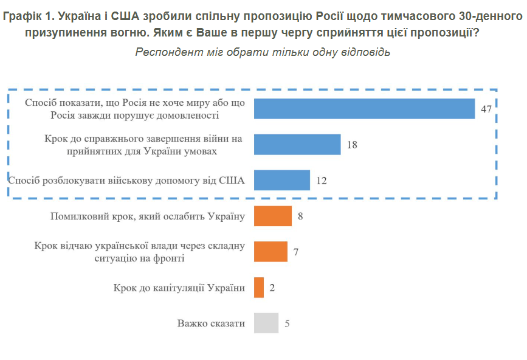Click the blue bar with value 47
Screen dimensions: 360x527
click(x=363, y=108)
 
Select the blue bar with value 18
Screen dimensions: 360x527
click(x=297, y=144)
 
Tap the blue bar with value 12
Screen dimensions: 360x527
click(x=281, y=180)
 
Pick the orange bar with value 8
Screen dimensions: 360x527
click(x=272, y=216)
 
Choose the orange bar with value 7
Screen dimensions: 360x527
click(x=270, y=251)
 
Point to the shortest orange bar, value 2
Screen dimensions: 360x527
click(x=259, y=287)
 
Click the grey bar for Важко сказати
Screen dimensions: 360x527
click(x=266, y=323)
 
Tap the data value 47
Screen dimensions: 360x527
click(x=486, y=109)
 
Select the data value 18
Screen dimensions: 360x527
click(x=351, y=145)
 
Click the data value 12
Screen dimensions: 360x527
click(x=322, y=181)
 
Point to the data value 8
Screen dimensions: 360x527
click(x=300, y=216)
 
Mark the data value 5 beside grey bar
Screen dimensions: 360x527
click(x=287, y=324)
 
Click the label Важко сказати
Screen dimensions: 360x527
click(x=211, y=324)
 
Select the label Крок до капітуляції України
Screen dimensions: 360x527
click(x=179, y=288)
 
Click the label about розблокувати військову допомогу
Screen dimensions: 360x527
click(x=126, y=180)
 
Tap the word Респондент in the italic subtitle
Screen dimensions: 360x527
click(x=164, y=52)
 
